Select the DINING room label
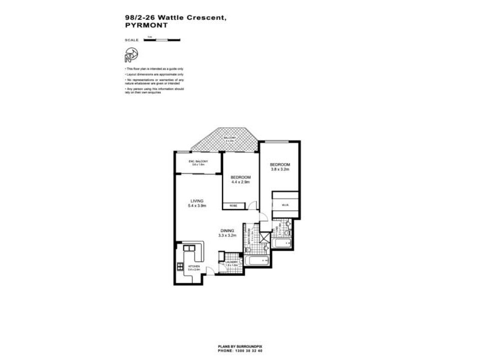227,230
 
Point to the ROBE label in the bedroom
232,206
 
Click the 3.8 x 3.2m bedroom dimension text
280,169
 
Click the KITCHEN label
194,266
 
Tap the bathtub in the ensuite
281,243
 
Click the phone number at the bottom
240,350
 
